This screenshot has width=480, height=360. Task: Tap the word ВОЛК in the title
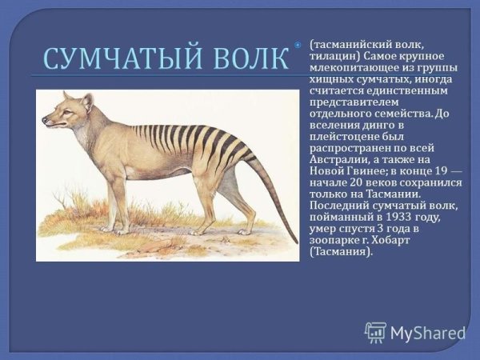pyautogui.click(x=246, y=58)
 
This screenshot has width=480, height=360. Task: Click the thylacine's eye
pyautogui.click(x=67, y=112)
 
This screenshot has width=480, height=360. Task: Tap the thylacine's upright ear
pyautogui.click(x=87, y=102)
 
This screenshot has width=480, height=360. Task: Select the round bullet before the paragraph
pyautogui.click(x=297, y=45)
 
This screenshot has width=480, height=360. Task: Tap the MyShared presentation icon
pyautogui.click(x=375, y=333)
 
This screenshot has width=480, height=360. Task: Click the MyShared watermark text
pyautogui.click(x=428, y=333)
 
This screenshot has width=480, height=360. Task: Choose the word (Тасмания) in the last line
pyautogui.click(x=342, y=252)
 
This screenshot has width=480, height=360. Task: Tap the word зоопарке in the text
pyautogui.click(x=331, y=240)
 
